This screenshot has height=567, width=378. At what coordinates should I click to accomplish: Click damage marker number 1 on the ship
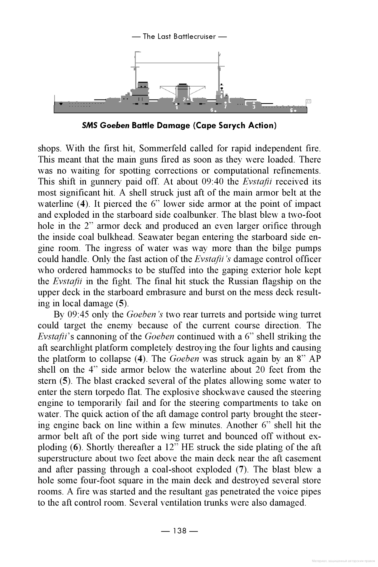click(177, 108)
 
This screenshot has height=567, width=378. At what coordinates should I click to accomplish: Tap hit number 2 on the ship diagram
click(184, 100)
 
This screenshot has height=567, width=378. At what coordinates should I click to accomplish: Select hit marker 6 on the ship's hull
click(212, 110)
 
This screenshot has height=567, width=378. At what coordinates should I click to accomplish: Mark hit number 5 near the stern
click(291, 110)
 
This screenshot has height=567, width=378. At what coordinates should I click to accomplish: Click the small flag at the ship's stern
click(309, 101)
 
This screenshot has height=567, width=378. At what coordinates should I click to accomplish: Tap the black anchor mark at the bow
click(61, 104)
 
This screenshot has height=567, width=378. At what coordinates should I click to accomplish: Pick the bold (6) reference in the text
click(76, 447)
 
